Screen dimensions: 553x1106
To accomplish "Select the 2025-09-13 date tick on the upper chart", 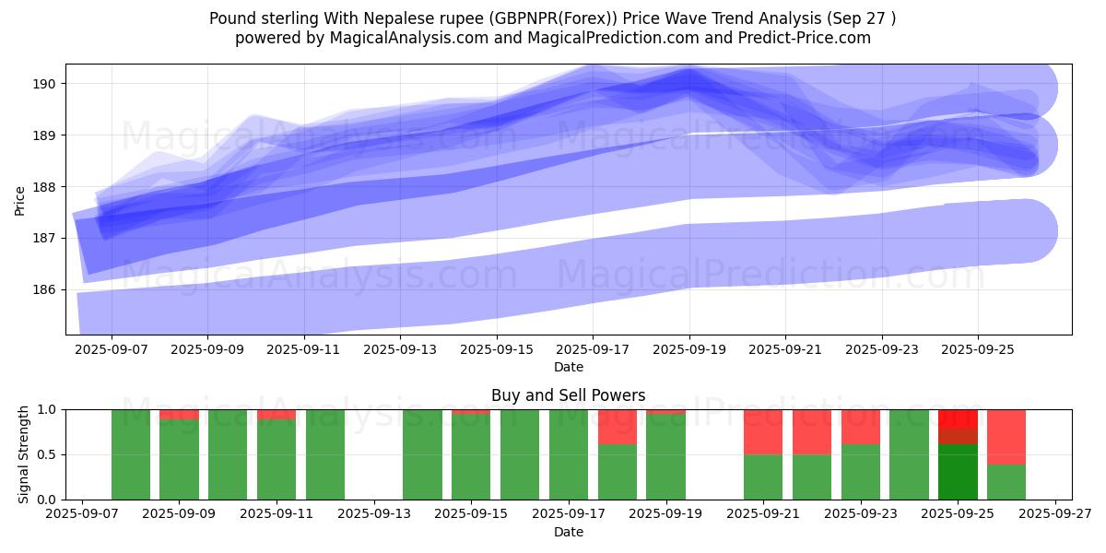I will click(400, 350).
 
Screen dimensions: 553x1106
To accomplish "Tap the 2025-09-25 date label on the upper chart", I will click(977, 350).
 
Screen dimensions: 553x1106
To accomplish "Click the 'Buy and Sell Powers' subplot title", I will click(568, 395).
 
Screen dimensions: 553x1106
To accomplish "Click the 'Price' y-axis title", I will click(20, 199).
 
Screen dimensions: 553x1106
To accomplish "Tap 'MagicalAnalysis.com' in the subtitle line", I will click(410, 38).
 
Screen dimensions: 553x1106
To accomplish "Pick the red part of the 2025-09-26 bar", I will click(1006, 436).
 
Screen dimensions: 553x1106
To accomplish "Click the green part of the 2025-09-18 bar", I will click(618, 472).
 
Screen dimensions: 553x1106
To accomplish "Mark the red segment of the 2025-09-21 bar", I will click(763, 431).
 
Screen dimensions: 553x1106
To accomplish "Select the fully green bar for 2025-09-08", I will click(131, 454).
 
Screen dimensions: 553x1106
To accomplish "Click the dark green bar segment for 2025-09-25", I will click(958, 472).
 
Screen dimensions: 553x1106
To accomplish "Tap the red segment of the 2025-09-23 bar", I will click(861, 426).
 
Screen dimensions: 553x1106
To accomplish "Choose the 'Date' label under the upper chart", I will click(568, 367).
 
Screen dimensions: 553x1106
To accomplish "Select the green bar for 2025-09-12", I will click(325, 454).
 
